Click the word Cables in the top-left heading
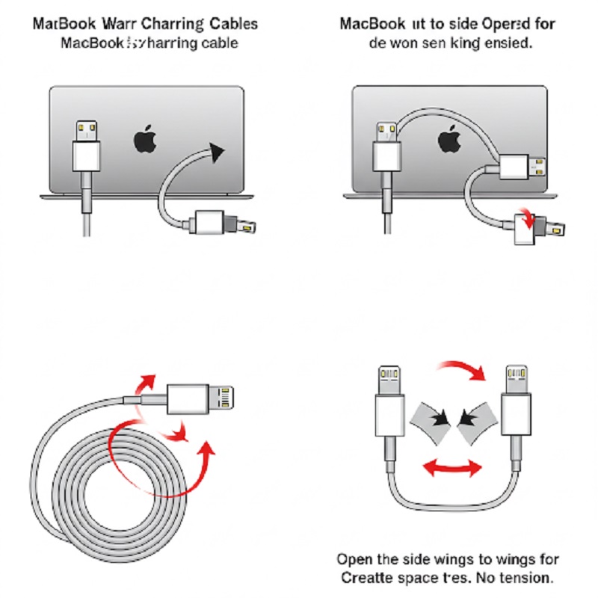[x=232, y=24]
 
